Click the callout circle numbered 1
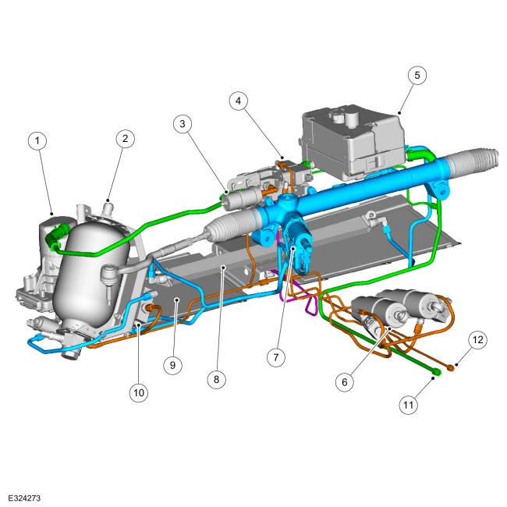[37, 140]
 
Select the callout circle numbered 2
[125, 139]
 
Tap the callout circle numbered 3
[183, 124]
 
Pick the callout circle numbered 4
[239, 101]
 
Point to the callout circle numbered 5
[417, 76]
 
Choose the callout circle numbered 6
[345, 382]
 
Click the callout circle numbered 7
[276, 357]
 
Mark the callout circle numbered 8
[216, 379]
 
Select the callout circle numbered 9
[172, 365]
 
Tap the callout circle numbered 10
[139, 393]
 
